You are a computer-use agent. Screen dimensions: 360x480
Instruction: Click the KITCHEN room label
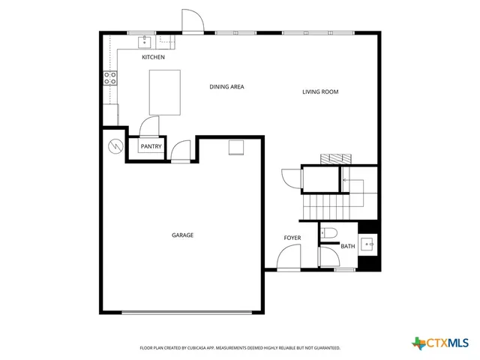153,57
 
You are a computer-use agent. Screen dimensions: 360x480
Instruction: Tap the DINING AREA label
226,87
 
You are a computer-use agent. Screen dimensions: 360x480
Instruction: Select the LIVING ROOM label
320,92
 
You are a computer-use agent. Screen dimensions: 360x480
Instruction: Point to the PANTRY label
151,146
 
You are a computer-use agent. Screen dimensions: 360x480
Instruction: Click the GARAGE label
182,235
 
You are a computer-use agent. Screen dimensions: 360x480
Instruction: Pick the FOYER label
292,238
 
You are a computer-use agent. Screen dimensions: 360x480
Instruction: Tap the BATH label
348,246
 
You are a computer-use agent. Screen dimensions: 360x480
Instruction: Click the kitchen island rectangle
166,92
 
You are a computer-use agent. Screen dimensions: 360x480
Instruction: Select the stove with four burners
110,78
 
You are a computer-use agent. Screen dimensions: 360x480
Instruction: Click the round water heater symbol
115,145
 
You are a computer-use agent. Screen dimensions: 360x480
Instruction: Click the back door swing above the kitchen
192,22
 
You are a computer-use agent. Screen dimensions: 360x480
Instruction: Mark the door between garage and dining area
181,152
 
